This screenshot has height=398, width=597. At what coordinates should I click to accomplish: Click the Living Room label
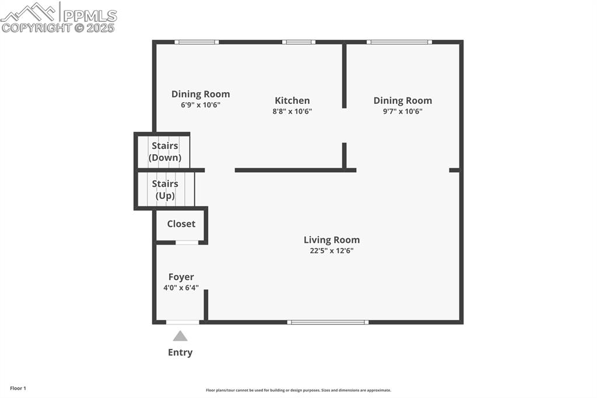point(331,240)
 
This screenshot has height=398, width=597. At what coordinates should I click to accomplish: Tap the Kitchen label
point(292,100)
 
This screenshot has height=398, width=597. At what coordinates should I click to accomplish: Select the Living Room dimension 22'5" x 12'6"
point(331,251)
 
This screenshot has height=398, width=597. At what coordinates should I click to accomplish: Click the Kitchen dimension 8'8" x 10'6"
point(292,111)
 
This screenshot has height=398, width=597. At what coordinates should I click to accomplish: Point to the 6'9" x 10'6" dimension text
point(201,105)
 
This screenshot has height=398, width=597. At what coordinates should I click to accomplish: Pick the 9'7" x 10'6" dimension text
point(402,111)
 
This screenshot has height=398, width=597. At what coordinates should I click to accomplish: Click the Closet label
point(181,224)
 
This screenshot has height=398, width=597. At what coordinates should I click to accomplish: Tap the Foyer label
point(181,277)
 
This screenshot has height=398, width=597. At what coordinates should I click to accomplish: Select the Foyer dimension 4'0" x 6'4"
point(181,288)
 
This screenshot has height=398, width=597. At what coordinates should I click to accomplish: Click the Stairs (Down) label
point(165,152)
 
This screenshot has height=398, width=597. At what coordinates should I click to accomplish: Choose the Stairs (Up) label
point(165,190)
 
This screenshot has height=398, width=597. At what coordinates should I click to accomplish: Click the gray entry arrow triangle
point(180,336)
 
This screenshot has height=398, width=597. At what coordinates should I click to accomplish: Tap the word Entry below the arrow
point(180,352)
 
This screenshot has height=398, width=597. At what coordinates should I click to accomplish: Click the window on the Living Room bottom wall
point(328,322)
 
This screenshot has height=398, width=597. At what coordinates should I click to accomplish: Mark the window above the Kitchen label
point(299,42)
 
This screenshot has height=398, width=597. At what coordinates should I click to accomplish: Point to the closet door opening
point(187,242)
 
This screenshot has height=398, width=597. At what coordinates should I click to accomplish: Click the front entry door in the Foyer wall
point(182,322)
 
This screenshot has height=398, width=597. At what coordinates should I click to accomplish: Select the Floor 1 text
point(18,388)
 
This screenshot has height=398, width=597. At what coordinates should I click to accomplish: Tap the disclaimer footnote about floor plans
point(298,390)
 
